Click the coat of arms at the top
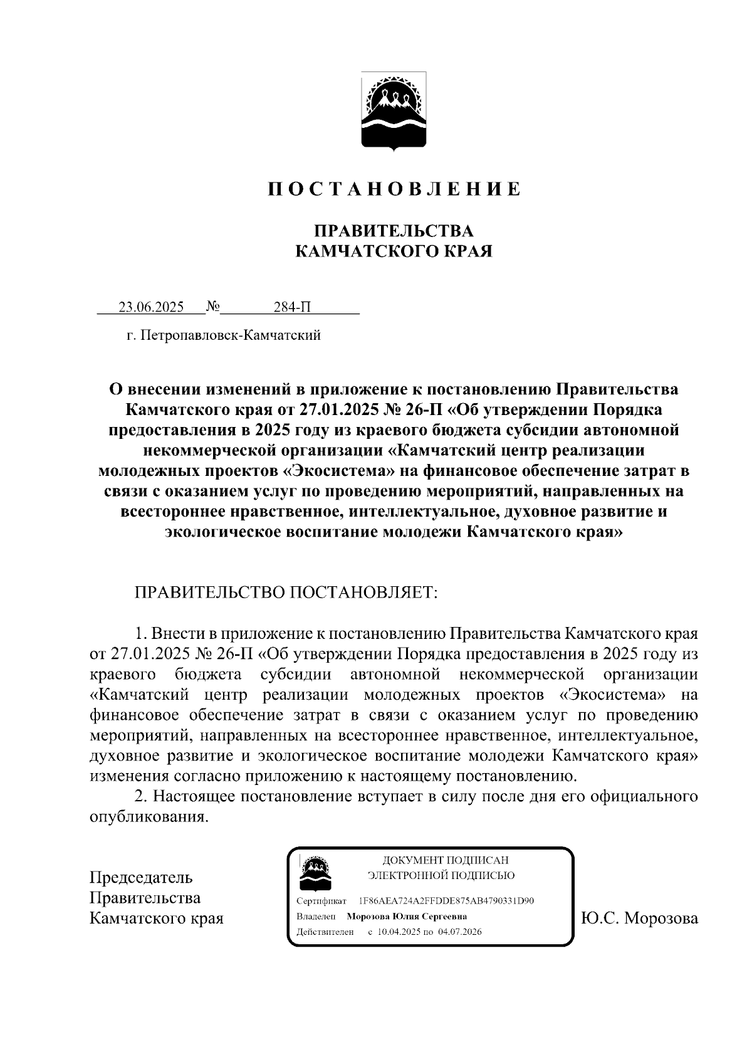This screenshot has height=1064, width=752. [394, 111]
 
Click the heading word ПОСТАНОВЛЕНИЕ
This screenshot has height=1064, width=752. [394, 189]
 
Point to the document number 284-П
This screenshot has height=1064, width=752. [292, 307]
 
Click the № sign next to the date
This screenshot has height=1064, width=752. [212, 307]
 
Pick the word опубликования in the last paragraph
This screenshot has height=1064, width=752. [148, 818]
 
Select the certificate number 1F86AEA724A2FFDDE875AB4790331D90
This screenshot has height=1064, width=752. [446, 900]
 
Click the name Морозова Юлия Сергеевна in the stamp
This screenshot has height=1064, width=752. [407, 916]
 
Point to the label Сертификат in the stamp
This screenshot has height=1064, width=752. [321, 901]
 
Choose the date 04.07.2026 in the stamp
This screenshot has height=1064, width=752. [460, 932]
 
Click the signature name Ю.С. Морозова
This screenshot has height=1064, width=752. [639, 919]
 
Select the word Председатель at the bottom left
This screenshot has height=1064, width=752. [141, 877]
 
